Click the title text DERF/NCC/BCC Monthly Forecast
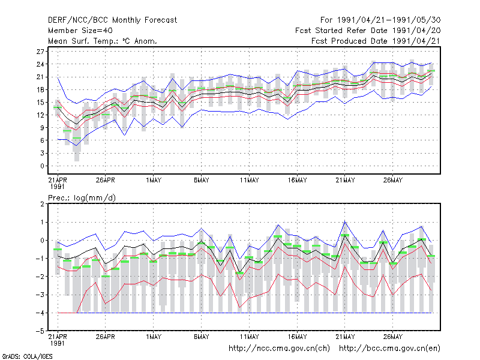[112, 20]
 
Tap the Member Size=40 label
[80, 31]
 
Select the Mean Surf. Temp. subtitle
[103, 41]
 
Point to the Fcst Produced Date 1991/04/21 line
[376, 41]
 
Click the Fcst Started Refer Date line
[368, 31]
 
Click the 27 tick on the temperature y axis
[40, 52]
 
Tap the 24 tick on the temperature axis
[40, 64]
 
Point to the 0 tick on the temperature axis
[42, 166]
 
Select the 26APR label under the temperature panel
[106, 180]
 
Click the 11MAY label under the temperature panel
[249, 180]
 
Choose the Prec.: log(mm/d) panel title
[82, 198]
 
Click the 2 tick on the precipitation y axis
[42, 204]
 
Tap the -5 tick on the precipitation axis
[40, 331]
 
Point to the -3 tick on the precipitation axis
[40, 295]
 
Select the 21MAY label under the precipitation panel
[345, 337]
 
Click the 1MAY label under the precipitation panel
[154, 337]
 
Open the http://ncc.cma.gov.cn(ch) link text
[279, 349]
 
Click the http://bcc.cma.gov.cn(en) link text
[389, 349]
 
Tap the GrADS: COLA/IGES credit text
[27, 356]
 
